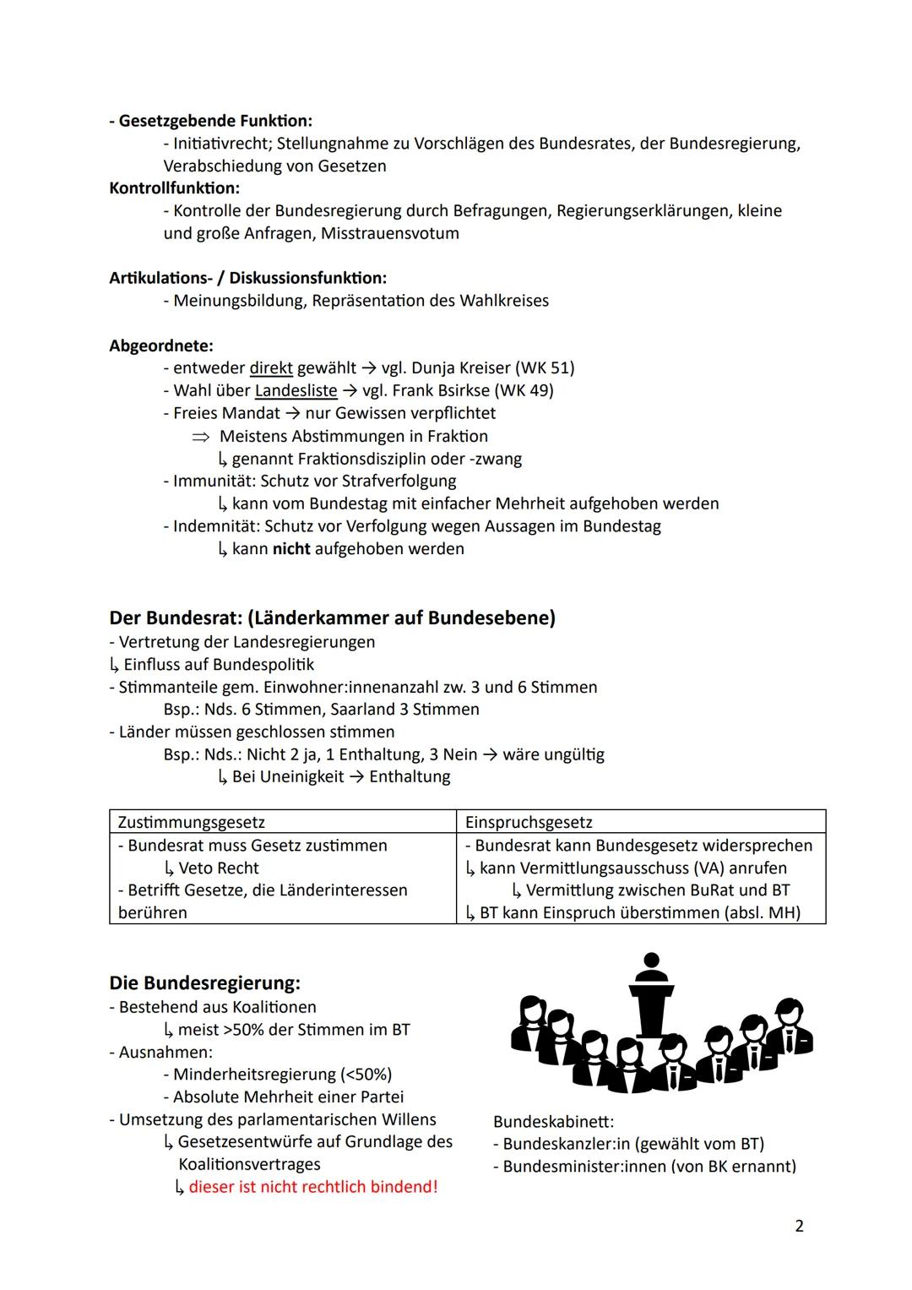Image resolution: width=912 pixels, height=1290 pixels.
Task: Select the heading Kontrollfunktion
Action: [x=174, y=188]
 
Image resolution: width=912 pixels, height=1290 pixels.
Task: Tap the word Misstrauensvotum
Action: [x=389, y=232]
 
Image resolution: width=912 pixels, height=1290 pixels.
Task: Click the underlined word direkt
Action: [x=271, y=367]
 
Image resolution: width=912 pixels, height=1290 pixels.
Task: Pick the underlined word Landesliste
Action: [x=296, y=390]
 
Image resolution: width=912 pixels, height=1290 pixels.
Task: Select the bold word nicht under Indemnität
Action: [x=291, y=548]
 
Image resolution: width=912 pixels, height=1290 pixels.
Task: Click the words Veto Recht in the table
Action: [x=219, y=868]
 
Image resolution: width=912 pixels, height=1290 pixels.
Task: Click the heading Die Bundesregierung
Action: [x=204, y=982]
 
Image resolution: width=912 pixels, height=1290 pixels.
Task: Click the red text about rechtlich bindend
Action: [x=312, y=1186]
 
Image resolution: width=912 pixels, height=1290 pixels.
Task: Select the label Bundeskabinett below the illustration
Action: [x=553, y=1122]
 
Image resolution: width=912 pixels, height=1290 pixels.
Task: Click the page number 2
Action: [x=799, y=1225]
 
